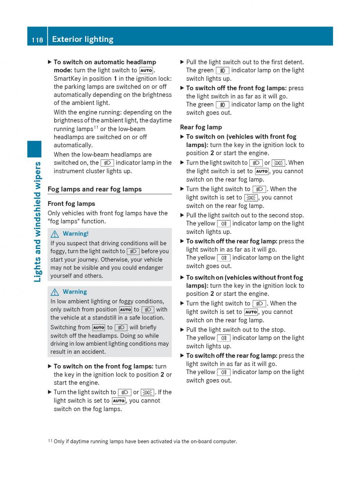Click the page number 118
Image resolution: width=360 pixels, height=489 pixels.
click(x=37, y=40)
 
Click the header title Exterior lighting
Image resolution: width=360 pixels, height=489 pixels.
click(x=83, y=40)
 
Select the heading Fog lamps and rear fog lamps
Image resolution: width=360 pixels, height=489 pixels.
click(x=94, y=189)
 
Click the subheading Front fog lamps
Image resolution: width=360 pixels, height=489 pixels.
click(x=71, y=204)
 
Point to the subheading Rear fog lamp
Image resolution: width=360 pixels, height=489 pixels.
click(x=201, y=127)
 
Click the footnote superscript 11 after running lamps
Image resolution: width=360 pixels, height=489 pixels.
click(x=96, y=127)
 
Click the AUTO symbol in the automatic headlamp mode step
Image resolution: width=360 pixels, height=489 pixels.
click(x=146, y=70)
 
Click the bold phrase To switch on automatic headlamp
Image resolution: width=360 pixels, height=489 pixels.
click(x=105, y=62)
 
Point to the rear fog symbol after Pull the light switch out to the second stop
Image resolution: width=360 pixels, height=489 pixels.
click(x=224, y=224)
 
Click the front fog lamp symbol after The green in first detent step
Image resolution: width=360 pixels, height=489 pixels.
click(x=222, y=70)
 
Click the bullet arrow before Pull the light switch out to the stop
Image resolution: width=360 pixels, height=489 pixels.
click(x=182, y=330)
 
